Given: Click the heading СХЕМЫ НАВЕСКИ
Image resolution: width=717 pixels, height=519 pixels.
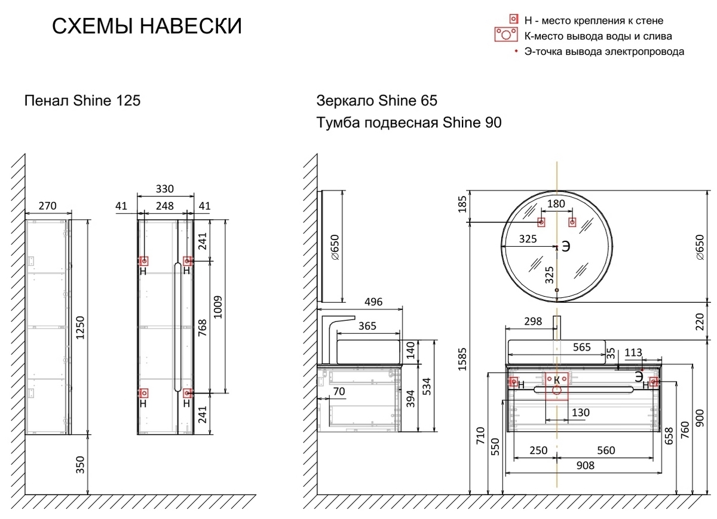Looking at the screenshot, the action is tap(147, 26).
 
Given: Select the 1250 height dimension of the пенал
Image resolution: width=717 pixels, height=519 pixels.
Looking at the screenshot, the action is tap(80, 328).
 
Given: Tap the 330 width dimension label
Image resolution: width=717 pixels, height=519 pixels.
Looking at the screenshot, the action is tap(165, 189).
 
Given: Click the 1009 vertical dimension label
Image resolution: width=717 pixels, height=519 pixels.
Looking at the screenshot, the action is tap(217, 307).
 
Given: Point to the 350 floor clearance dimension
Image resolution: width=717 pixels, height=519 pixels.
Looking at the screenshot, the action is tap(80, 465).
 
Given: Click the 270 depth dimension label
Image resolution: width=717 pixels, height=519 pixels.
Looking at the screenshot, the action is tap(48, 205).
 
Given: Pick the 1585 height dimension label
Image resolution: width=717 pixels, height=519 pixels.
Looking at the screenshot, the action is tap(462, 360).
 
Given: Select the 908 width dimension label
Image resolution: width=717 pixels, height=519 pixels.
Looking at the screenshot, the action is tap(586, 466).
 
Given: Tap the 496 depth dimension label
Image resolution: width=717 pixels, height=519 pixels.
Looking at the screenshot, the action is tap(373, 302).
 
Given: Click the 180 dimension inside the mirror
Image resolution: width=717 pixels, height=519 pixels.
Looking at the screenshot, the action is tap(556, 204).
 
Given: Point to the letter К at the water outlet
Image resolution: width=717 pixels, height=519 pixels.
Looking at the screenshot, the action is tap(557, 380).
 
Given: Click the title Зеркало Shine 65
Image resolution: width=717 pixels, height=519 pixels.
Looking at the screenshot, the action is tap(377, 100).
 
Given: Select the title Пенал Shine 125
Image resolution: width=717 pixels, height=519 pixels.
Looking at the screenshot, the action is tap(82, 100).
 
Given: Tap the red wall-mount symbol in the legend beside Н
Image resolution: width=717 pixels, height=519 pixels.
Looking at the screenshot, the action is tap(514, 19).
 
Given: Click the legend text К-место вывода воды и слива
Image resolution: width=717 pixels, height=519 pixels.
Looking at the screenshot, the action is tap(598, 36).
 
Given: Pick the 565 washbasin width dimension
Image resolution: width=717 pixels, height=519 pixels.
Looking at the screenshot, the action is tap(581, 347).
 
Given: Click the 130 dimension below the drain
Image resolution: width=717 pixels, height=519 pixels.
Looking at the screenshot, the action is tap(581, 413).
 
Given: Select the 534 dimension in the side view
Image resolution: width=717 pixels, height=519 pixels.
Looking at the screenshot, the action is tap(427, 386).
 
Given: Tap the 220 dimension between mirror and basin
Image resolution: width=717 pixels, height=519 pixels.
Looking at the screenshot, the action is tap(700, 321).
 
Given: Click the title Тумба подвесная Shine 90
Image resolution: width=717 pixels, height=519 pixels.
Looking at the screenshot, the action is tap(409, 122).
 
